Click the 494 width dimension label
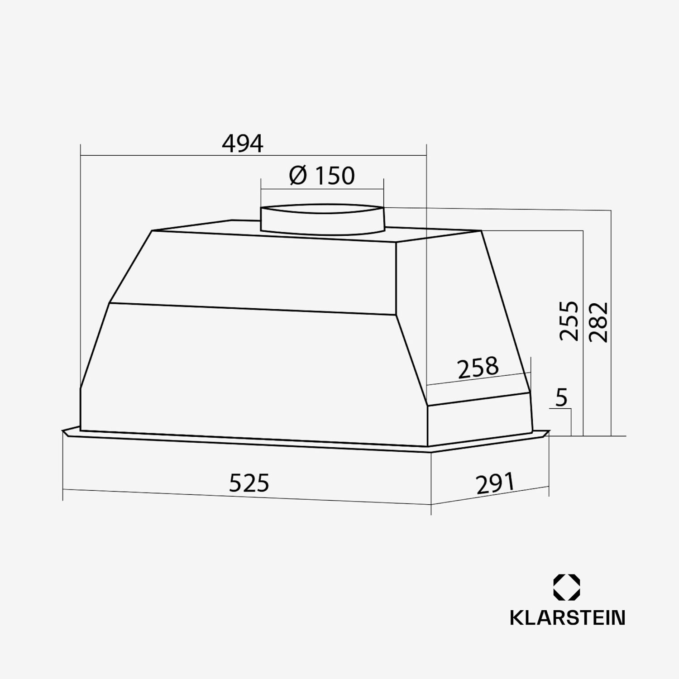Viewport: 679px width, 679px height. [242, 143]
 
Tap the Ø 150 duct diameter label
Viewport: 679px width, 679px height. [322, 176]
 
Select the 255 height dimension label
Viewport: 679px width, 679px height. [569, 320]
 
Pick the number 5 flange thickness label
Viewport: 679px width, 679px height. [561, 398]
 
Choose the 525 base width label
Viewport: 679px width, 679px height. [249, 483]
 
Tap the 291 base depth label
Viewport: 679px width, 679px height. [495, 483]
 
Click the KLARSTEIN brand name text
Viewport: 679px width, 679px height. [567, 618]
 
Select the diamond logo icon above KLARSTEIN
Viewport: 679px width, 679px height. [566, 588]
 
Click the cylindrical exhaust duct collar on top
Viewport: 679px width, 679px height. [322, 220]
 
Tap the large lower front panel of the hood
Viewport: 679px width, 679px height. [253, 371]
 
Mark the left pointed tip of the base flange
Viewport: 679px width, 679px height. [64, 431]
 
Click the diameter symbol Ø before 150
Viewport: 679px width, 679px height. [298, 176]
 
